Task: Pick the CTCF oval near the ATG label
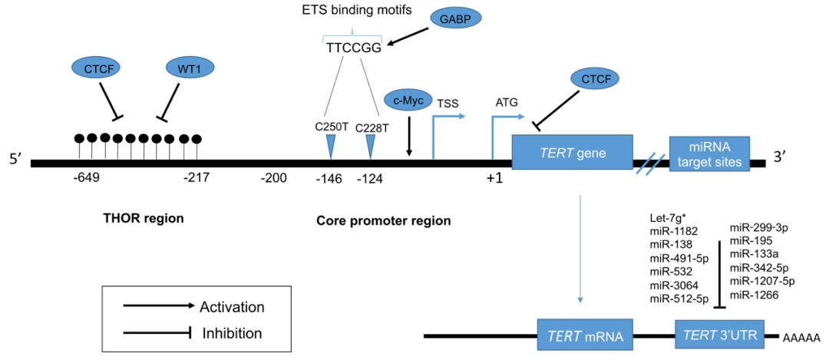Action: [596, 81]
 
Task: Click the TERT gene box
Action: [572, 154]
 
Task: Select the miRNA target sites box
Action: [710, 154]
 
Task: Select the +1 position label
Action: [494, 178]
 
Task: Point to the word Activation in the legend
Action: [232, 307]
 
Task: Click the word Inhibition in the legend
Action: [232, 333]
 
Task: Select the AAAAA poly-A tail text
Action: [801, 339]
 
